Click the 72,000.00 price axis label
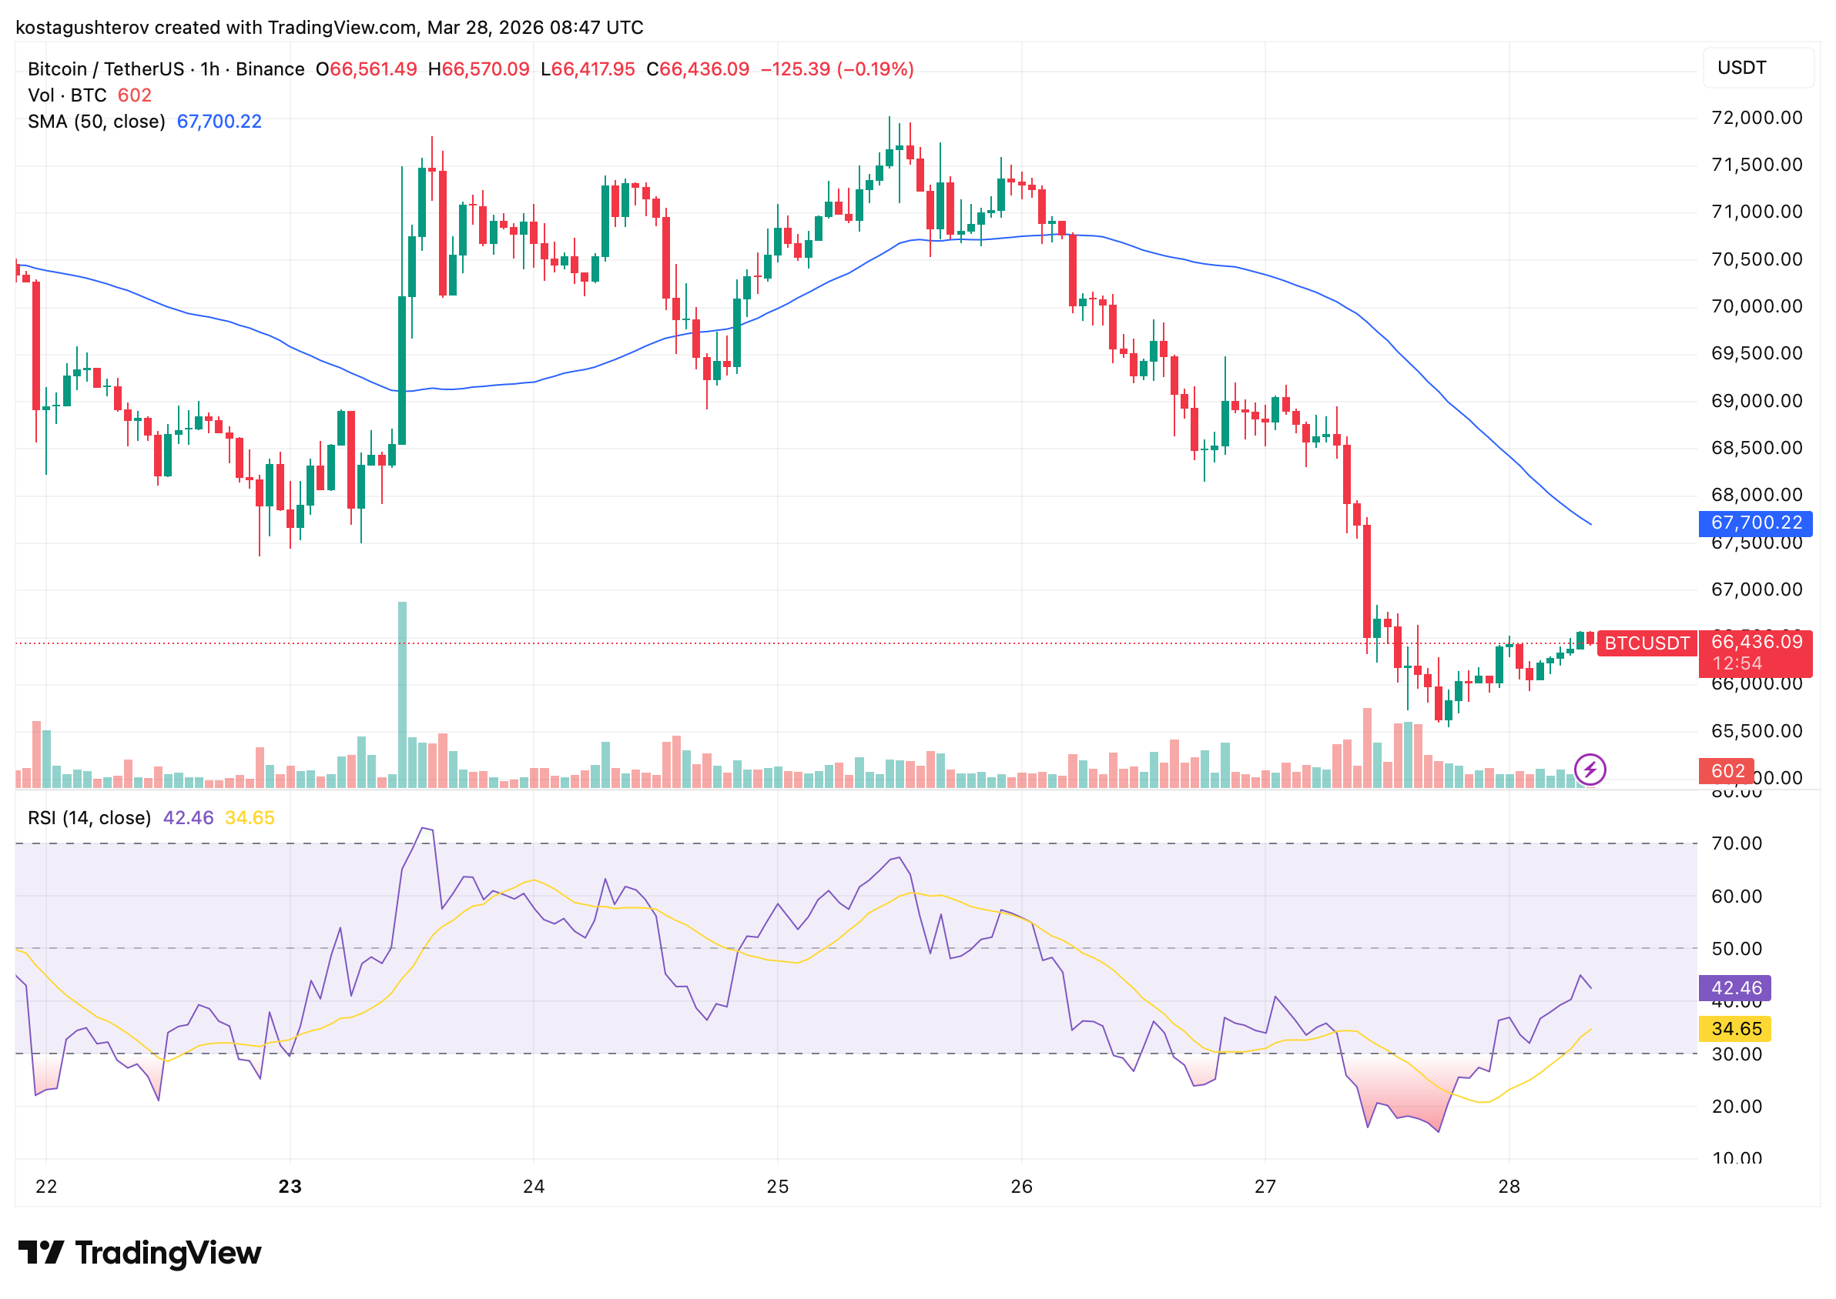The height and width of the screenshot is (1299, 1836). click(1756, 119)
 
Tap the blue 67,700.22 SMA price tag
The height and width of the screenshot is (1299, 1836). click(1754, 523)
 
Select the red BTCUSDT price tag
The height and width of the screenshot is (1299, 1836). click(1647, 644)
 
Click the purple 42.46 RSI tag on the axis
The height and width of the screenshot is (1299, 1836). click(1734, 989)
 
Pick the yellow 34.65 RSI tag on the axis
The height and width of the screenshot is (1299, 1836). click(1734, 1030)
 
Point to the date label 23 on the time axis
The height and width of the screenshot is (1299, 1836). click(290, 1187)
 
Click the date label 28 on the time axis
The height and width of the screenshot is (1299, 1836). click(1508, 1187)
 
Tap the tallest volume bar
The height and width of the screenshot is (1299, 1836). click(402, 694)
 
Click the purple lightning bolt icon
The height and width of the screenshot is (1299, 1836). click(1589, 770)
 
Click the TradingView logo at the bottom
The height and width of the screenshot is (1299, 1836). click(139, 1254)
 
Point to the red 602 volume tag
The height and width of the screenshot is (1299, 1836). click(1727, 771)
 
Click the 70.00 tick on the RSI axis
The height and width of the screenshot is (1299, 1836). click(1736, 844)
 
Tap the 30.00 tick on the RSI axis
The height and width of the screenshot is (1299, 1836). click(1736, 1054)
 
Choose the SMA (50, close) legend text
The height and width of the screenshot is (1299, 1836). click(96, 122)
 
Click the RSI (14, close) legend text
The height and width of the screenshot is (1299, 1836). click(89, 818)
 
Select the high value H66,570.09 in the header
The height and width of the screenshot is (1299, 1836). click(478, 69)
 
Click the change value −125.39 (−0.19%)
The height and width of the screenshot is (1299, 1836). click(836, 69)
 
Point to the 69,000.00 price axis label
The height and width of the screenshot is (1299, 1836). click(1756, 402)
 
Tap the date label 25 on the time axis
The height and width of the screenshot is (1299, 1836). click(777, 1187)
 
